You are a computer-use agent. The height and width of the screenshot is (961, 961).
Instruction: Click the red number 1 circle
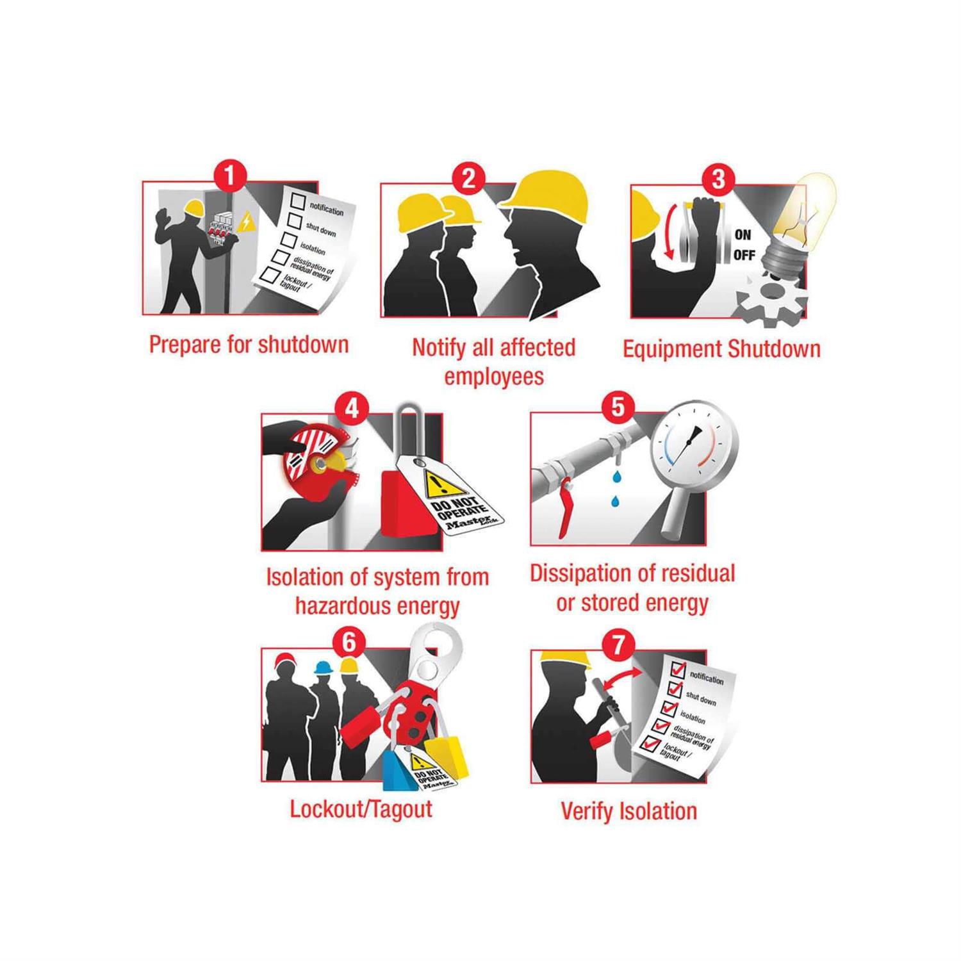tap(229, 176)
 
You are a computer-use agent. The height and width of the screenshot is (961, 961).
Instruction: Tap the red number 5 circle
tap(618, 406)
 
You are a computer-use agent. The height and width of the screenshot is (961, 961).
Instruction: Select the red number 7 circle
tap(618, 644)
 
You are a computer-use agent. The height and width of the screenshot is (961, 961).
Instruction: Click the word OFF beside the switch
tap(744, 255)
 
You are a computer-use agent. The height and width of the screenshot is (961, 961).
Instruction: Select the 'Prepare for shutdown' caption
tap(249, 345)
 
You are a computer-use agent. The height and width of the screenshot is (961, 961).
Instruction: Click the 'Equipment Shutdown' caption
tap(721, 349)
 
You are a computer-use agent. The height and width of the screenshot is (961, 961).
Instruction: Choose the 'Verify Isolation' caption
tap(628, 811)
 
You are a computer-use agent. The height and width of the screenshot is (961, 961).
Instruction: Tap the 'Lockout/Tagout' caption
tap(361, 809)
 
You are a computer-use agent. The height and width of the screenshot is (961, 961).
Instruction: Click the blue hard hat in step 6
tap(322, 667)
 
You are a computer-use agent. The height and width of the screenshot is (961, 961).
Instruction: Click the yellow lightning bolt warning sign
tap(245, 222)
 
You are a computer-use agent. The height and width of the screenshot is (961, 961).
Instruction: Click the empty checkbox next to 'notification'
tap(298, 201)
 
